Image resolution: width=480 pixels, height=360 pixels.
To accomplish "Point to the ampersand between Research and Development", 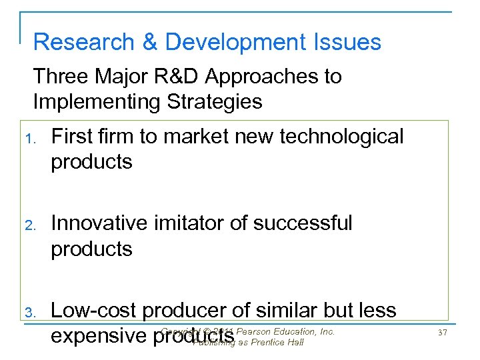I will coord(150,42).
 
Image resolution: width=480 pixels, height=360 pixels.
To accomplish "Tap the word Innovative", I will coord(101,223).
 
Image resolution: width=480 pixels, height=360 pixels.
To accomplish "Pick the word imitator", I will coord(193,223).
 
